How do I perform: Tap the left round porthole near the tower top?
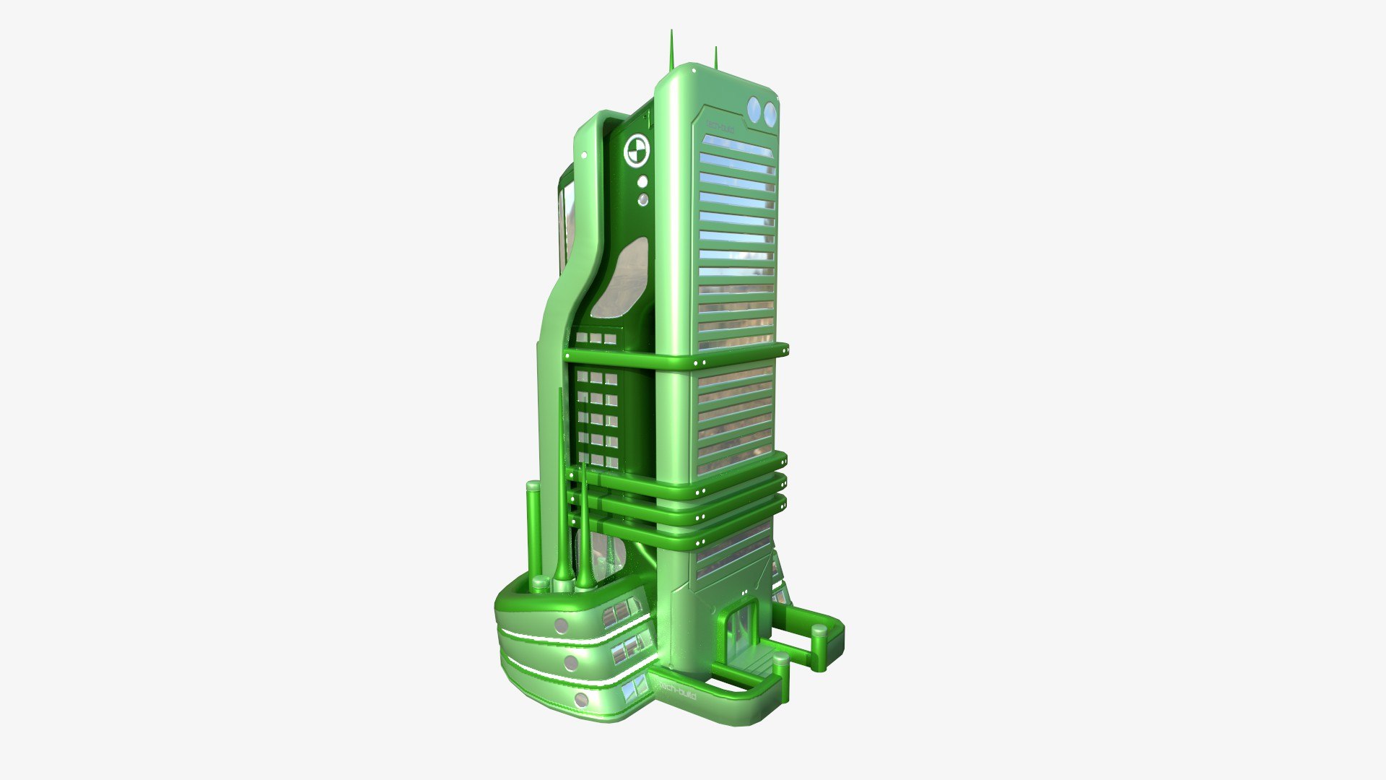tap(754, 110)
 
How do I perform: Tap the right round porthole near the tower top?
tap(770, 112)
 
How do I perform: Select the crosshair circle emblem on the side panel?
tap(637, 150)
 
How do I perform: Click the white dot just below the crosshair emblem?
tap(642, 182)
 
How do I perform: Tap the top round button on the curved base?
tap(560, 625)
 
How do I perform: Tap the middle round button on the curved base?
tap(571, 662)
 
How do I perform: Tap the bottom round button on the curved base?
tap(582, 699)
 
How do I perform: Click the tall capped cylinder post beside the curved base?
tap(533, 531)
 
